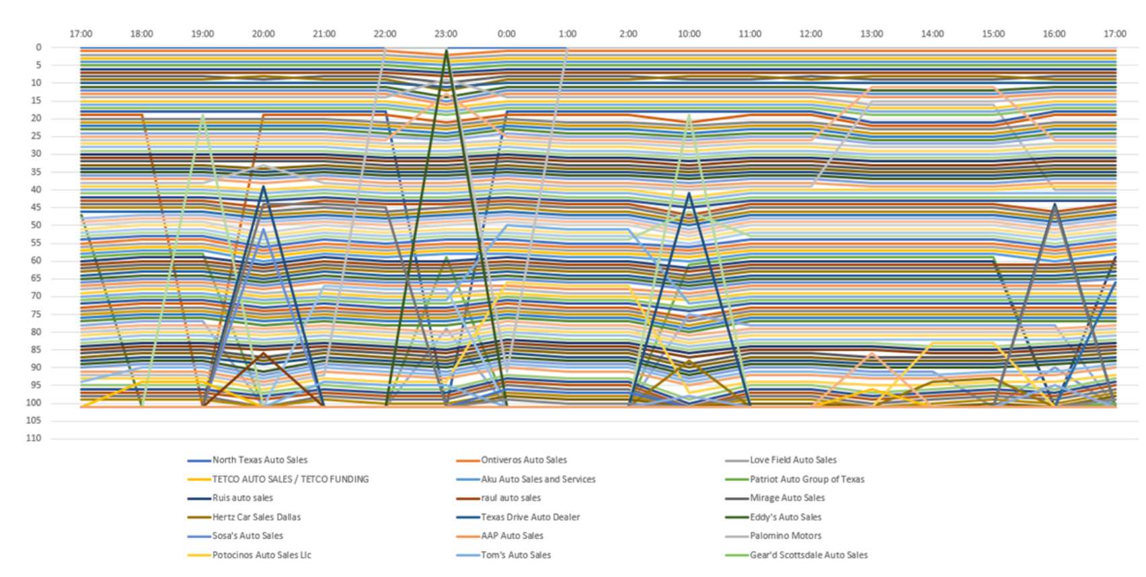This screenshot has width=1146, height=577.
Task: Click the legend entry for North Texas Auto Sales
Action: pyautogui.click(x=260, y=460)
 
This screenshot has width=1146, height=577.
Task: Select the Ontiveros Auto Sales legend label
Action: pyautogui.click(x=523, y=460)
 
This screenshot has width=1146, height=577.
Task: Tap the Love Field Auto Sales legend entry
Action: pyautogui.click(x=793, y=460)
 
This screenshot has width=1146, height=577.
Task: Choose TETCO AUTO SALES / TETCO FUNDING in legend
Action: pyautogui.click(x=290, y=480)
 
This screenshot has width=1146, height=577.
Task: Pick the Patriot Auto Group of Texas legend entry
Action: pyautogui.click(x=806, y=480)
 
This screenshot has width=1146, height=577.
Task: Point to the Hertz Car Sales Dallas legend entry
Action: pyautogui.click(x=256, y=517)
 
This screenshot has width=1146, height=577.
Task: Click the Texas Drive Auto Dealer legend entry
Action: pyautogui.click(x=530, y=517)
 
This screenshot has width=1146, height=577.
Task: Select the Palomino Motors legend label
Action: pyautogui.click(x=786, y=536)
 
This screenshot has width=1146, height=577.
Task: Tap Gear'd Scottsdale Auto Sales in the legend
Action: pyautogui.click(x=808, y=555)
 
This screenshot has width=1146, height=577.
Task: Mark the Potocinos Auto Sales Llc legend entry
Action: pyautogui.click(x=262, y=555)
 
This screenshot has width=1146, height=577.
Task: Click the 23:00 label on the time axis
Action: pyautogui.click(x=446, y=34)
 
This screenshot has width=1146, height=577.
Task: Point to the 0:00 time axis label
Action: pyautogui.click(x=506, y=34)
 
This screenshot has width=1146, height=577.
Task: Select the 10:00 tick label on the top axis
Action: pyautogui.click(x=689, y=34)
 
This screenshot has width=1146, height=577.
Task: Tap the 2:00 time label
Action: pyautogui.click(x=628, y=34)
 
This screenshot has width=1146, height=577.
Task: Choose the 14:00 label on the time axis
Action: pyautogui.click(x=932, y=34)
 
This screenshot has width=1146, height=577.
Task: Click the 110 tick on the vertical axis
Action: pyautogui.click(x=34, y=438)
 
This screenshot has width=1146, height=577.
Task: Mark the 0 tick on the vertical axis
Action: pyautogui.click(x=38, y=48)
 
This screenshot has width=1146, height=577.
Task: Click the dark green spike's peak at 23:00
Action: pyautogui.click(x=446, y=51)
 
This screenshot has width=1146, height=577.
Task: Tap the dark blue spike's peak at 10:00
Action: pyautogui.click(x=689, y=193)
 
